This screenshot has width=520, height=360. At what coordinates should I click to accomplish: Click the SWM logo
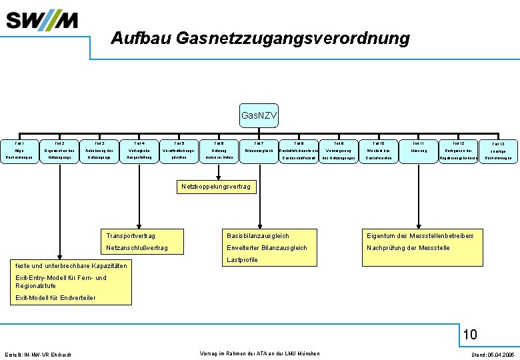coord(43,21)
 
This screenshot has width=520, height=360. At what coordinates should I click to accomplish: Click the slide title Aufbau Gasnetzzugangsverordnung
coord(260,39)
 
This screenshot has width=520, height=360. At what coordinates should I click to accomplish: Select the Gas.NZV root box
coord(259,117)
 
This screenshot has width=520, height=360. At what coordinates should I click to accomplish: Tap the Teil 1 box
coord(19,151)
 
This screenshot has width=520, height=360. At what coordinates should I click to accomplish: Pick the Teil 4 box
coord(139,151)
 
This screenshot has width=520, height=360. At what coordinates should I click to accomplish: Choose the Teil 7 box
coord(259,151)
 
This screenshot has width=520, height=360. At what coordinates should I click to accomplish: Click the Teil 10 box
coord(379,151)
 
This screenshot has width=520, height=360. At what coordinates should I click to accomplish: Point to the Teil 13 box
coord(498,151)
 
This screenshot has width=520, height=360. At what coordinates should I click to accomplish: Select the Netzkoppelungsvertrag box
coord(216,187)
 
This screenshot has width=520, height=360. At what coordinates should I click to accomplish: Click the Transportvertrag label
coord(131,236)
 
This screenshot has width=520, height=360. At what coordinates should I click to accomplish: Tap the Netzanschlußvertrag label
coord(137,248)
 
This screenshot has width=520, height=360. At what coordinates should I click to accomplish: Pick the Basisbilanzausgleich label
coord(258,236)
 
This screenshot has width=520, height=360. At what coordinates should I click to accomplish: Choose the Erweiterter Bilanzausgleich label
coord(267,248)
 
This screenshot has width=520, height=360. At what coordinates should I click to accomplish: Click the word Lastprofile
coord(242,260)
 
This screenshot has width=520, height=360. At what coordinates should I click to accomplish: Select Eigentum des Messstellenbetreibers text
coord(420,236)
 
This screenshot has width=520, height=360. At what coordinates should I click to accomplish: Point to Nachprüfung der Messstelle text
coord(408,248)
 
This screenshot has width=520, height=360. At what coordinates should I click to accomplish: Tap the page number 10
coord(470,334)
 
